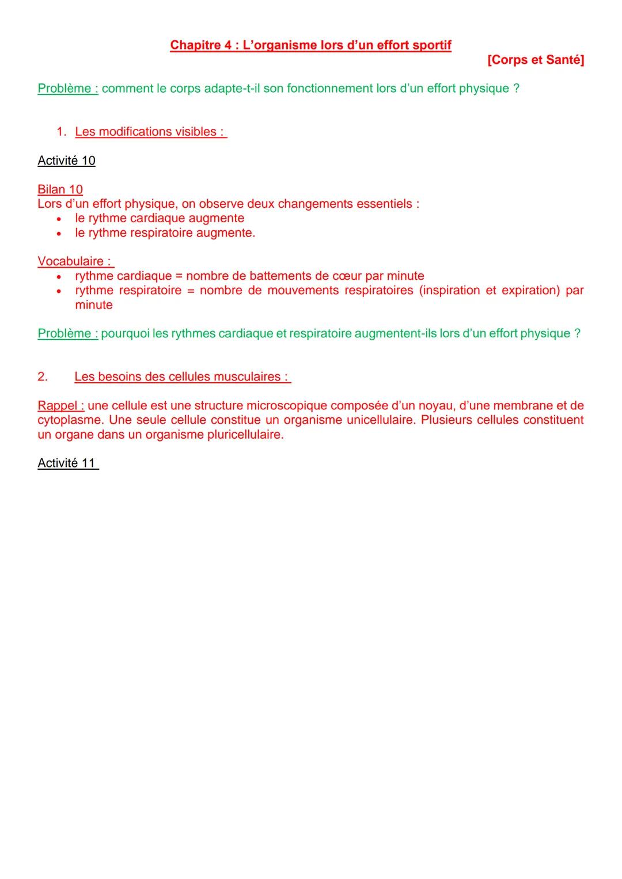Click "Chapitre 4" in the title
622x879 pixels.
201,45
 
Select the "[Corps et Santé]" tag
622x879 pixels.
535,60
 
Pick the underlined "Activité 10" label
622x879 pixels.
66,161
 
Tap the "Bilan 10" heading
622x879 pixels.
60,189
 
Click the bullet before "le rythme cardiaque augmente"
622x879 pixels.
59,219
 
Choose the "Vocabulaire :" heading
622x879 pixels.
75,261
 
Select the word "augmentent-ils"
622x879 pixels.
396,333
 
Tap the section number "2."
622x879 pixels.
43,376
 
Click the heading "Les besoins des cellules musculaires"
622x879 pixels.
181,376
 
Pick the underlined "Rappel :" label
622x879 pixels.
60,405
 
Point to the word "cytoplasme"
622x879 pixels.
69,420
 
